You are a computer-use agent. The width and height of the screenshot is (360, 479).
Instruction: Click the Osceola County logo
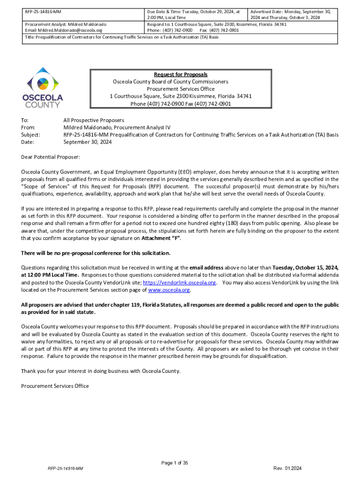43,87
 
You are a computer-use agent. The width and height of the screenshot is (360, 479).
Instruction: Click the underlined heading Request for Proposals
180,74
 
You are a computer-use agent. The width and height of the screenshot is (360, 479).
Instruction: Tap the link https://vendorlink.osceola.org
179,283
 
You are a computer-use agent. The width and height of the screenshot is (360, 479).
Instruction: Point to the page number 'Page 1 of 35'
174,463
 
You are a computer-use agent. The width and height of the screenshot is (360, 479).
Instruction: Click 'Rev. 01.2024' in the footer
288,468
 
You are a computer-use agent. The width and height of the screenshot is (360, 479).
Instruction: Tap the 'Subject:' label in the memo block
31,134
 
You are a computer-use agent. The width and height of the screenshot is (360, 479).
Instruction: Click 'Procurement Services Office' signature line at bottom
55,386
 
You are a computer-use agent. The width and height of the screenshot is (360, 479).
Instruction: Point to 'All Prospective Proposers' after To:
94,120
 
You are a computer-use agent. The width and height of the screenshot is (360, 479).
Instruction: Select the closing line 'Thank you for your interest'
101,371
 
